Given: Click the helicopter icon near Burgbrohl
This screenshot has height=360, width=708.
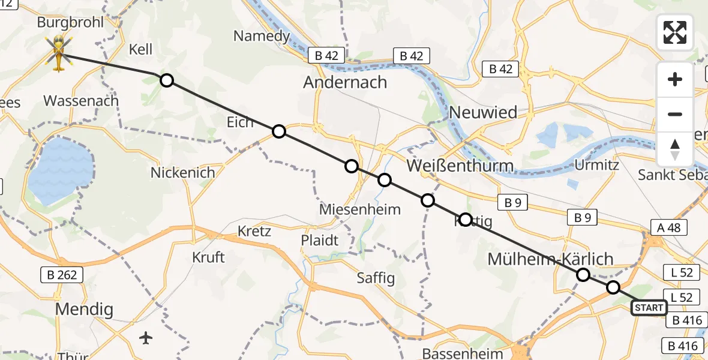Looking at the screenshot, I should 59,53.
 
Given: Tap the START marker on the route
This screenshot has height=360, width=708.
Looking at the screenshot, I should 649,308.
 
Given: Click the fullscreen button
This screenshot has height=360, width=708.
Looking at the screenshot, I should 675,32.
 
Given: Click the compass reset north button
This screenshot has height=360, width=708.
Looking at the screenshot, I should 675,149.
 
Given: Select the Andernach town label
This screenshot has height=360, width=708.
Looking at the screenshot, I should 345,82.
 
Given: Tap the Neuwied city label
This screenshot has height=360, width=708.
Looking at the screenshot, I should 483,112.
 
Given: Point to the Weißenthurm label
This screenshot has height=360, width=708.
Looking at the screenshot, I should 460,166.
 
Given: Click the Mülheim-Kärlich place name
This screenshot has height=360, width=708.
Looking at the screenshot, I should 550,259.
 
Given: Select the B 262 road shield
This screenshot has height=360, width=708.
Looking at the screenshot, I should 61,275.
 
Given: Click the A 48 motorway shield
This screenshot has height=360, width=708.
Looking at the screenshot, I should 668,227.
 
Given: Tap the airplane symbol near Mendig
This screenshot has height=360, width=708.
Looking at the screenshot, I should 146,338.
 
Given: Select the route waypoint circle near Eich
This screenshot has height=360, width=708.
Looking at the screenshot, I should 278,131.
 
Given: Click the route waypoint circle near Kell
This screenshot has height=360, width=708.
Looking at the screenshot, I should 167,80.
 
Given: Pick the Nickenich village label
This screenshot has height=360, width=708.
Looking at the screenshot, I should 182,173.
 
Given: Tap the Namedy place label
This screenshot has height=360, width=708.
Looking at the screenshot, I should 262,36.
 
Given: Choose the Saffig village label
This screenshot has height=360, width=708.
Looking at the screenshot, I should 376,278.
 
